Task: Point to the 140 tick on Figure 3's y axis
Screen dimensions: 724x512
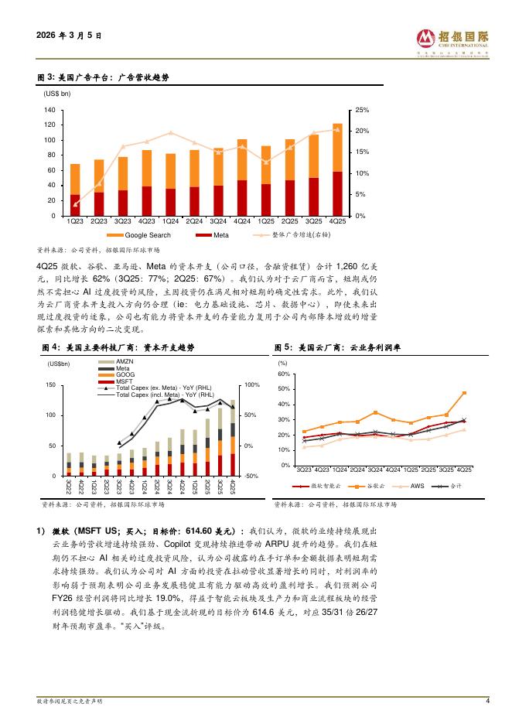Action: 49,111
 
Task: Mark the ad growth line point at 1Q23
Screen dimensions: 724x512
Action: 75,204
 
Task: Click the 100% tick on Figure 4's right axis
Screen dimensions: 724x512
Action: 251,385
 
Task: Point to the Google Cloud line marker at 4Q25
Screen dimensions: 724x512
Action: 464,393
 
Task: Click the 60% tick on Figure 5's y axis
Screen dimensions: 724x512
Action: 283,374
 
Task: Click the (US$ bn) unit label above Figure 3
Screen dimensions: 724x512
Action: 56,93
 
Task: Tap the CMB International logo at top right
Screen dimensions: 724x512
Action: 452,43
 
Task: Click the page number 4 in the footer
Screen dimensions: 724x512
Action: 487,701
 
